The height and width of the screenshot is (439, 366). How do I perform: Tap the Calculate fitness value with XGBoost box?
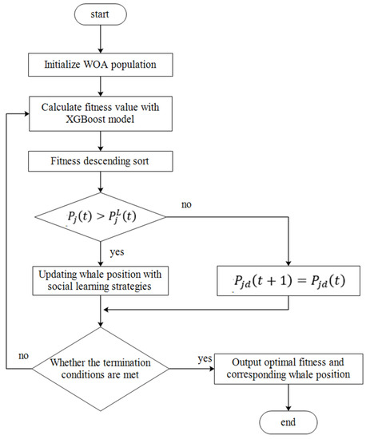tap(101, 114)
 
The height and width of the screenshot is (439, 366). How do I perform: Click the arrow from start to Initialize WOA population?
tap(101, 40)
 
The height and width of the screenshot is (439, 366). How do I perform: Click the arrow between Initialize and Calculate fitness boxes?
tap(101, 85)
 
